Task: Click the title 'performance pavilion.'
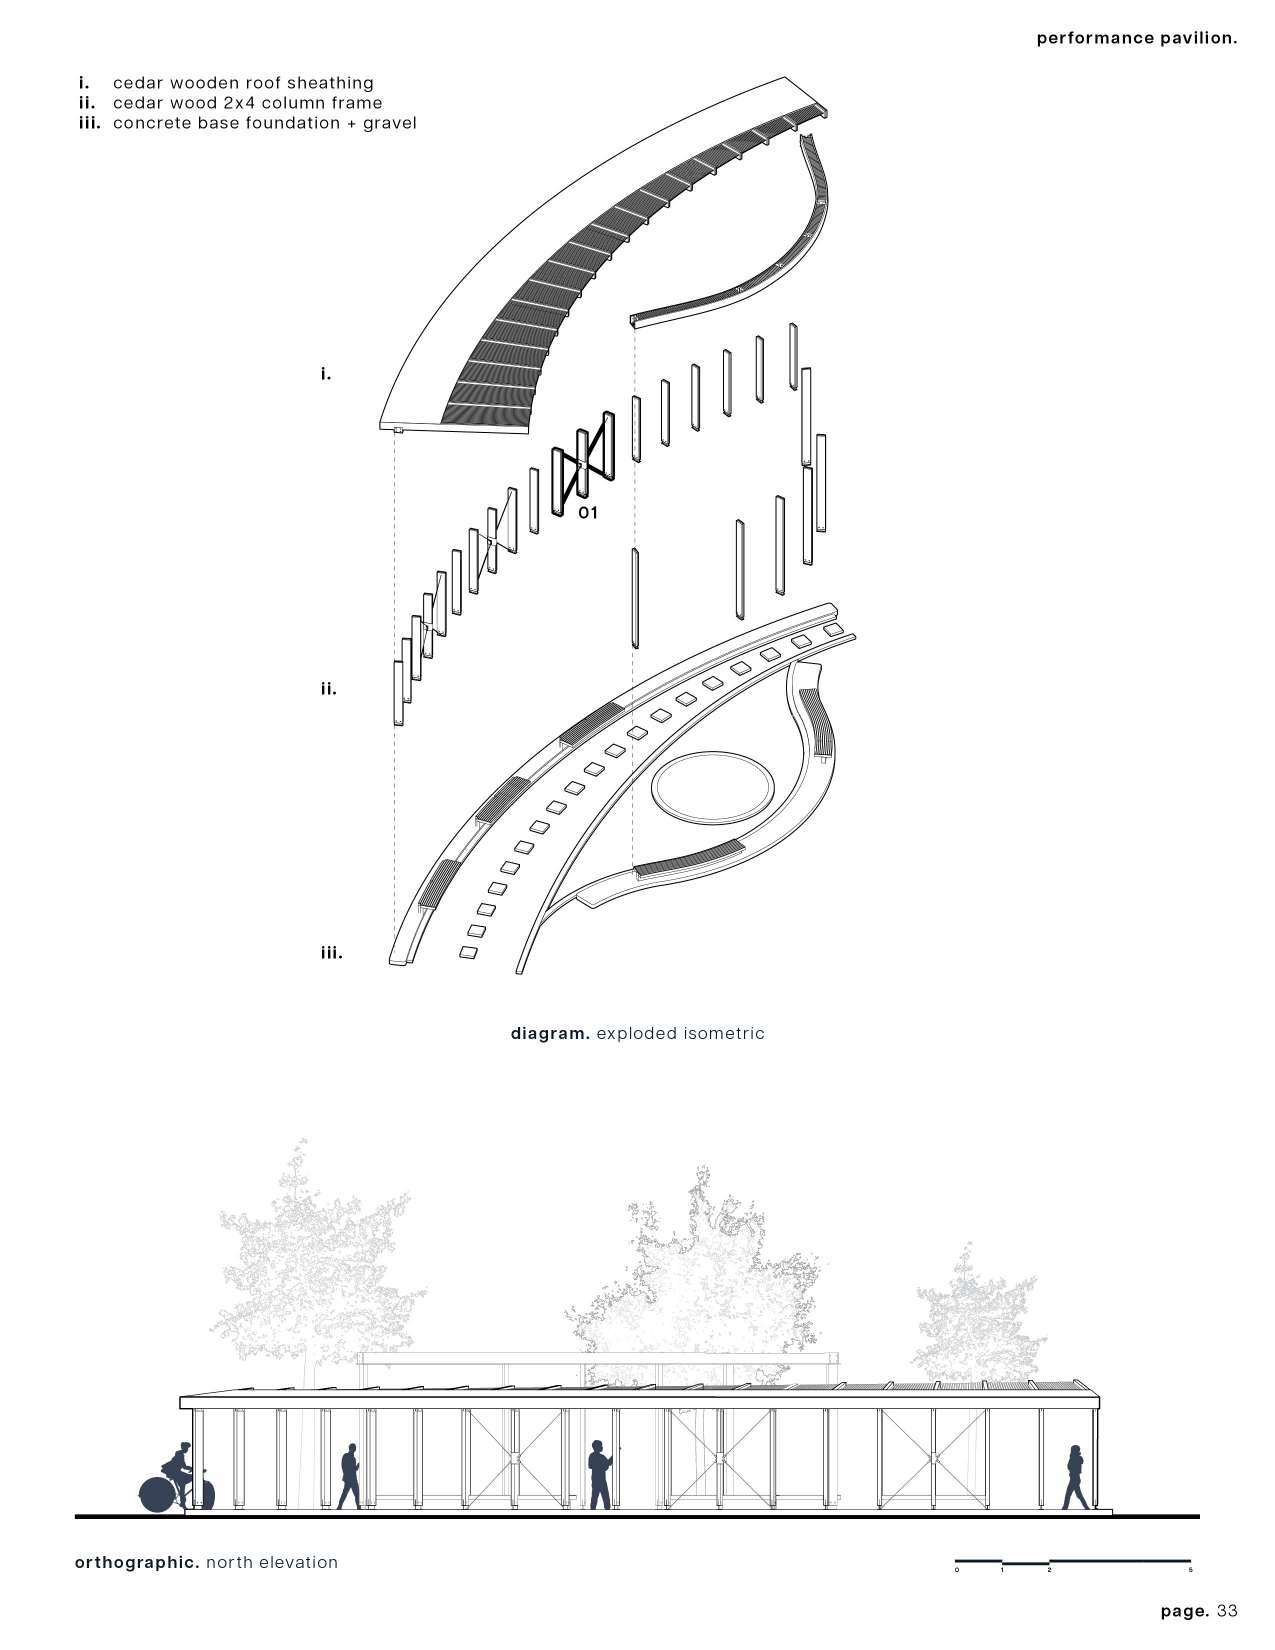tap(1137, 39)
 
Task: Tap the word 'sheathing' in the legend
tap(331, 83)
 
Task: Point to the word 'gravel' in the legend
tap(384, 123)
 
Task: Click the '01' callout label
tap(587, 513)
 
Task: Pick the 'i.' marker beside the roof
tap(325, 374)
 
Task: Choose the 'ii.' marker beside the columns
tap(328, 688)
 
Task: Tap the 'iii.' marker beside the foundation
tap(331, 953)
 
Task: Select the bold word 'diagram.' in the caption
tap(550, 1033)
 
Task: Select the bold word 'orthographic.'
tap(137, 1562)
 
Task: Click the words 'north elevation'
tap(272, 1562)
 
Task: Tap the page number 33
tap(1228, 1611)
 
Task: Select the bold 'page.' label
tap(1186, 1611)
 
